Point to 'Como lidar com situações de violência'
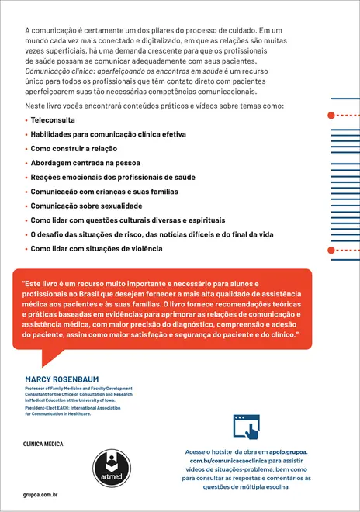click(96, 248)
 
